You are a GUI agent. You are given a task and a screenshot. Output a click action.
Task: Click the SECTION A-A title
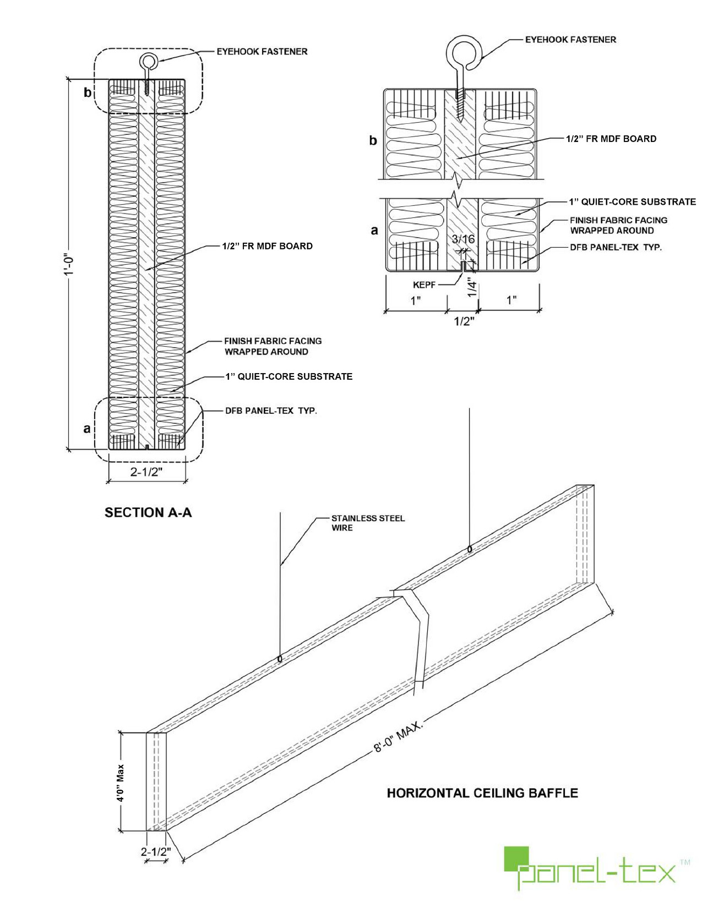(148, 513)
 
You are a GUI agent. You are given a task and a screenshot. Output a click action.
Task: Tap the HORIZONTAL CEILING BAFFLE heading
(482, 793)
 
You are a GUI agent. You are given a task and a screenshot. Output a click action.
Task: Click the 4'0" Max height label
(121, 783)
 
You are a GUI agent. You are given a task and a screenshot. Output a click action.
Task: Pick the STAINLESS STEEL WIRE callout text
(367, 523)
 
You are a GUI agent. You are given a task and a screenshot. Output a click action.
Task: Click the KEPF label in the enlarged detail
(424, 285)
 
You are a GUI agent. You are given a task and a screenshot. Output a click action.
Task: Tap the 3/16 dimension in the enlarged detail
(463, 239)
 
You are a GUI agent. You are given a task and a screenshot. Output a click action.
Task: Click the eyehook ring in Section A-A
(148, 61)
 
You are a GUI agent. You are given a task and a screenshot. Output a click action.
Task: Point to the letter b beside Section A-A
(87, 92)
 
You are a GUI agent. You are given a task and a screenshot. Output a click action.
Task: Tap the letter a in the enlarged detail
(374, 231)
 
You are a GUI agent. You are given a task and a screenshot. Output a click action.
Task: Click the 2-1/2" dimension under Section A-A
(146, 472)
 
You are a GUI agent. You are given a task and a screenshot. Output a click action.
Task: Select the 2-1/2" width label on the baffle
(156, 852)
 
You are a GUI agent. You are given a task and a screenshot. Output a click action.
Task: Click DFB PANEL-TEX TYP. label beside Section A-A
(271, 411)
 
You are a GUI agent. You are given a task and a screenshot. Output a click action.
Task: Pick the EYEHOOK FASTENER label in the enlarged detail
(570, 40)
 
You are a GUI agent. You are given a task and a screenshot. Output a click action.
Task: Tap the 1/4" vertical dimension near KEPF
(472, 287)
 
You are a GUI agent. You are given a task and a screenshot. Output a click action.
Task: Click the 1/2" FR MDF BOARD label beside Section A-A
(267, 246)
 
